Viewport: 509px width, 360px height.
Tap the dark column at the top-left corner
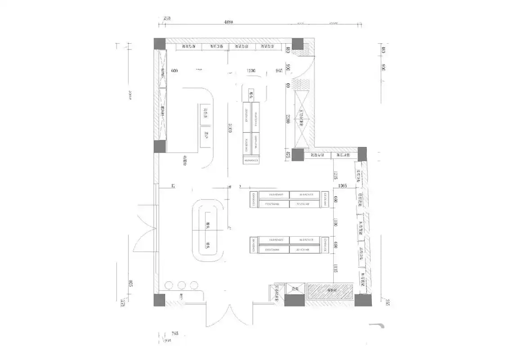(160, 44)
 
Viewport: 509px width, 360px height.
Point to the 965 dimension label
(280, 71)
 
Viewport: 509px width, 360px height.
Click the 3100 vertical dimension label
(230, 130)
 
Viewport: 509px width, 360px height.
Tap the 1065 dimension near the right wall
(344, 185)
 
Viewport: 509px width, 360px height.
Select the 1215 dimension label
(335, 175)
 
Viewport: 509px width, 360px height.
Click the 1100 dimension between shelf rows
(335, 222)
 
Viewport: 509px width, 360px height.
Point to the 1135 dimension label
(335, 269)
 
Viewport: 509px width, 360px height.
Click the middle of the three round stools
(182, 285)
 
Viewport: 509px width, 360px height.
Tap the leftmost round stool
(169, 285)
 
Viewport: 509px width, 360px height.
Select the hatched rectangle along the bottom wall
(330, 291)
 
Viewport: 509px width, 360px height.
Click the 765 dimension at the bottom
(175, 334)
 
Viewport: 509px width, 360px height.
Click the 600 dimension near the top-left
(175, 71)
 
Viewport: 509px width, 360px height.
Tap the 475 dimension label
(288, 155)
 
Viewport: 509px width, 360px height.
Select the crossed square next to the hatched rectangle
(295, 291)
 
